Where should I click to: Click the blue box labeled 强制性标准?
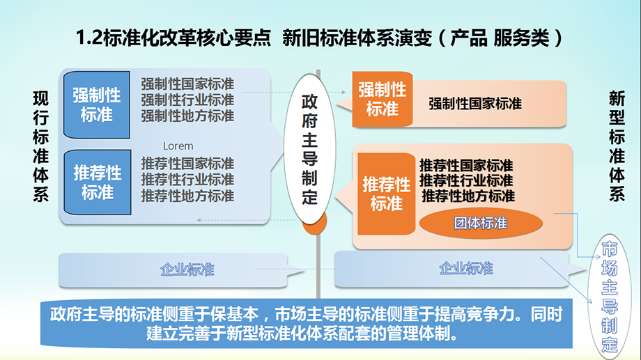point(97,104)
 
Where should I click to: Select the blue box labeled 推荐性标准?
point(98,182)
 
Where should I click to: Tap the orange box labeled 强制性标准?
point(383,100)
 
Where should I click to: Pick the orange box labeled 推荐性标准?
point(386,194)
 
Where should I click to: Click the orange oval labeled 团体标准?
point(481,223)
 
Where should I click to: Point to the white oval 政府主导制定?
point(309,149)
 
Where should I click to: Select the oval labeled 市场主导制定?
point(609,297)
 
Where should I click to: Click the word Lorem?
point(178,146)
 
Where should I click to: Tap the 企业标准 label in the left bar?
point(187,269)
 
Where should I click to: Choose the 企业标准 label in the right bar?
point(466,269)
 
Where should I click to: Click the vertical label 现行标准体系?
point(40,147)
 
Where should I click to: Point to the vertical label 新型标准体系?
point(617,146)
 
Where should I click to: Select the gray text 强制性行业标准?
point(187,100)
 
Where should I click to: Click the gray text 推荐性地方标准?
point(187,196)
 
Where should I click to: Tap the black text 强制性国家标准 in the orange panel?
point(475,103)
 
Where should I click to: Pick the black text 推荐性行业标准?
point(466,180)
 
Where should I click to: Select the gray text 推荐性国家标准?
point(187,164)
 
